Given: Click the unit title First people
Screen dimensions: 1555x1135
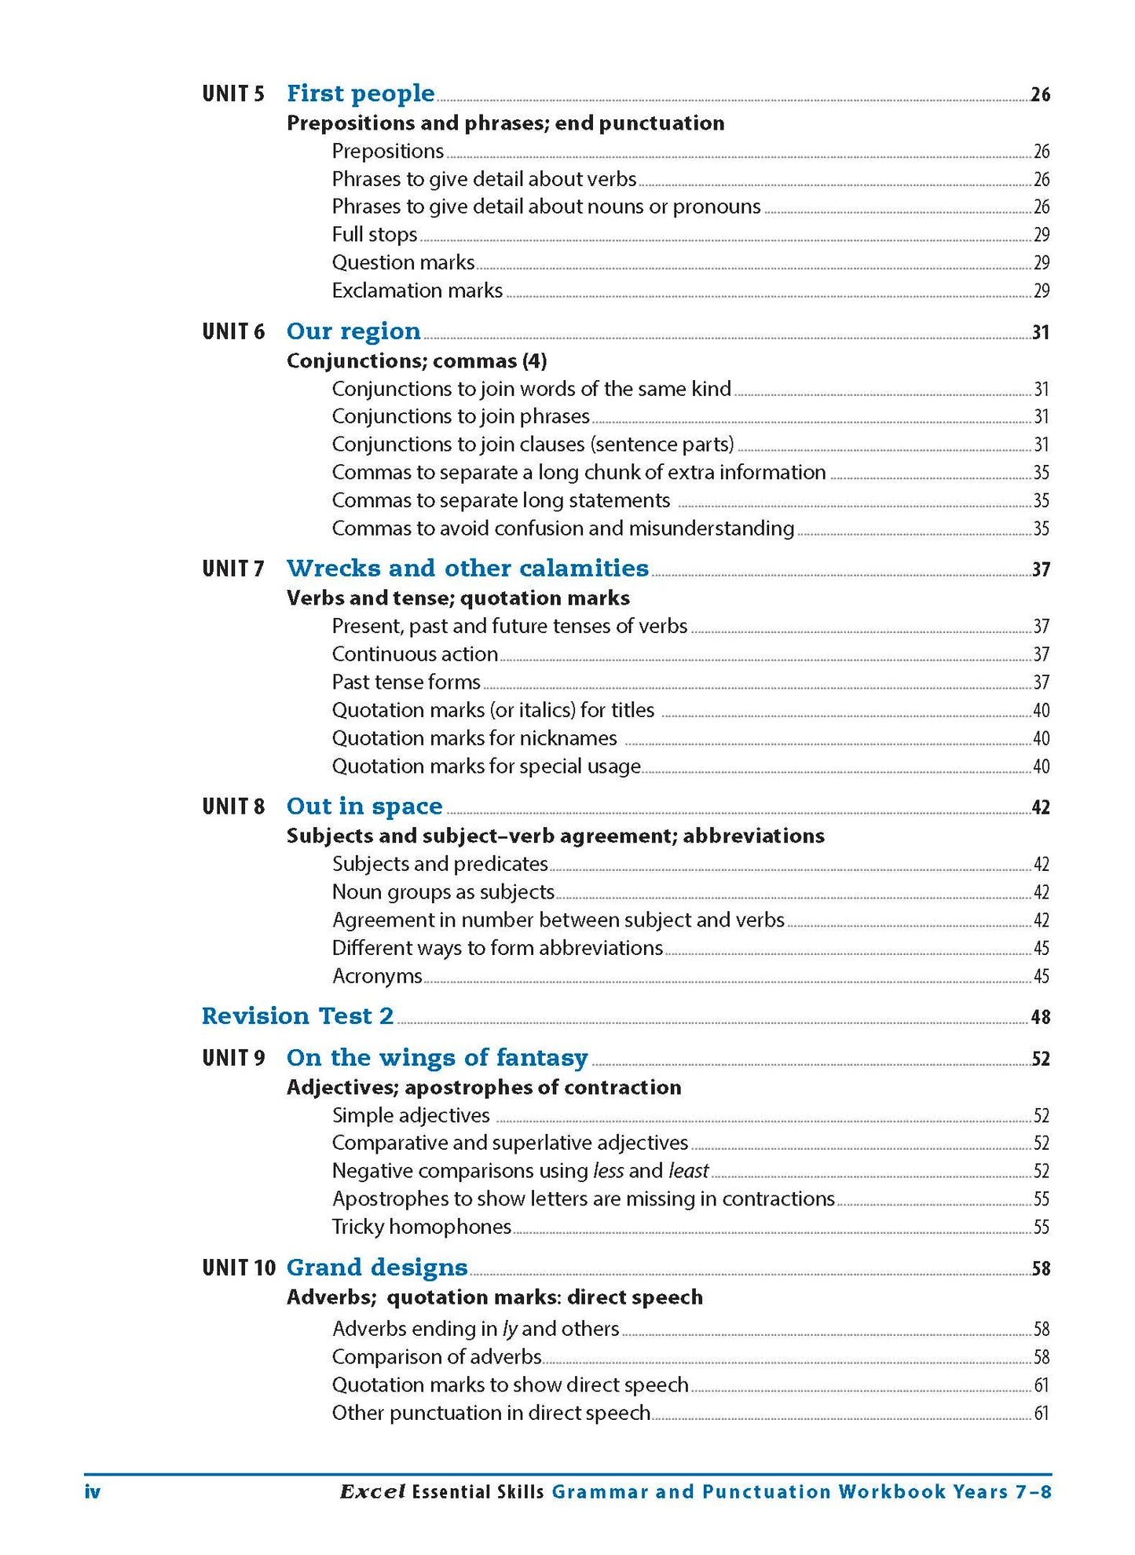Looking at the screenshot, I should point(361,93).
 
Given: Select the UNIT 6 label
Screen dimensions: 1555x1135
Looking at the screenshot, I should point(233,331).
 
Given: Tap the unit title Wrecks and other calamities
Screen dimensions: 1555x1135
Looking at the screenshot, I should point(467,568).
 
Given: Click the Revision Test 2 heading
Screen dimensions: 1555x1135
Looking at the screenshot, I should point(298,1016).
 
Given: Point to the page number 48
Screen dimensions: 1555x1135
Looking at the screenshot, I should point(1040,1018).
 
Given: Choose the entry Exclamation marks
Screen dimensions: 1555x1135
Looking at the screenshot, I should point(417,291).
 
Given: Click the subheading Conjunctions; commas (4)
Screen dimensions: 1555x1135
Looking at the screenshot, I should point(416,360).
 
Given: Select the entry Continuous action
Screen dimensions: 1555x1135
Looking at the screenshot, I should point(415,654).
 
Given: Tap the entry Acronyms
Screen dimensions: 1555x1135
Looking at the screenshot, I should point(377,976).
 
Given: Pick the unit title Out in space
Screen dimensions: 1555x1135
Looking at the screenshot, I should point(364,807).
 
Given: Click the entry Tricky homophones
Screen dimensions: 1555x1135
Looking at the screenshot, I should point(422,1227).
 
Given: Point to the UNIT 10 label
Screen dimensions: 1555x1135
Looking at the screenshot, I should point(239,1268).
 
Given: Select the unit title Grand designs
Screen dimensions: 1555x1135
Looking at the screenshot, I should point(377,1268).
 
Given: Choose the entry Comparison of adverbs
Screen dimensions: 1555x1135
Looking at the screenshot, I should point(437,1357).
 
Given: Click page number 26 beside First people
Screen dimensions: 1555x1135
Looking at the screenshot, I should point(1040,95).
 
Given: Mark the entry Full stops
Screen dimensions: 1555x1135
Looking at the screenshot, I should point(375,235).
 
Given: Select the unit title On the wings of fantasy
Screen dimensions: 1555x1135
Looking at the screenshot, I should point(437,1058).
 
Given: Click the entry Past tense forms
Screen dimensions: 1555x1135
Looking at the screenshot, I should point(406,682).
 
